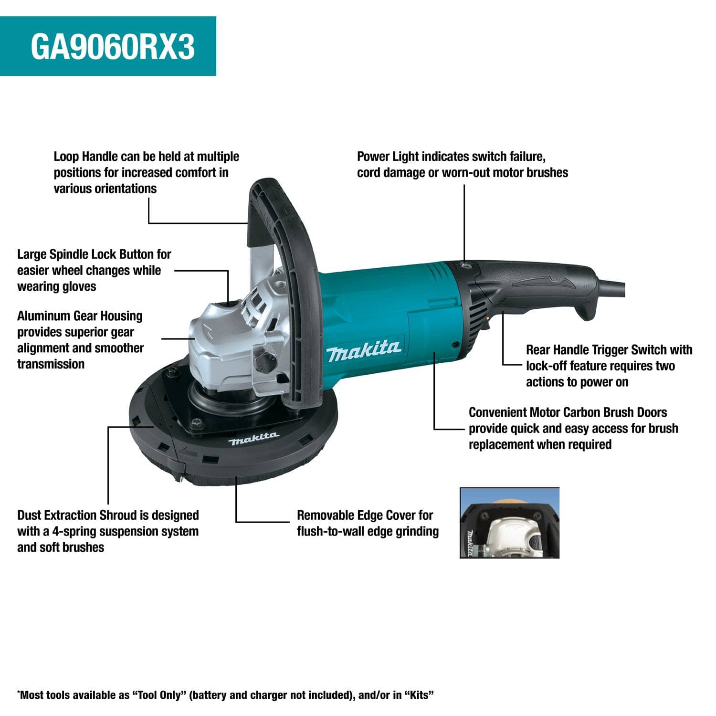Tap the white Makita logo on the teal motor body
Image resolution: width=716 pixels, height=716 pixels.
pos(363,352)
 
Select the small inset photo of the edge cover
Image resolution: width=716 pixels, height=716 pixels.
pos(509,523)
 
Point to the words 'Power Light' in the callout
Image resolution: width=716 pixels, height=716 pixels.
pos(388,157)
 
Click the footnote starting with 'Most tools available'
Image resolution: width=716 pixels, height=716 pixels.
pos(226,695)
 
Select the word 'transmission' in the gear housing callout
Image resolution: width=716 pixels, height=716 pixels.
pos(51,364)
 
